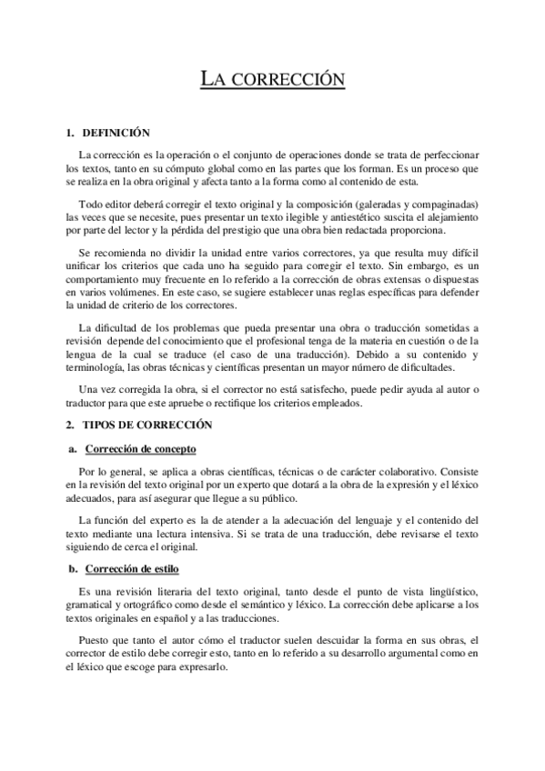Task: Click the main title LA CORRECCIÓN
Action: point(272,80)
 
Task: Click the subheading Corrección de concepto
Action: point(139,449)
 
